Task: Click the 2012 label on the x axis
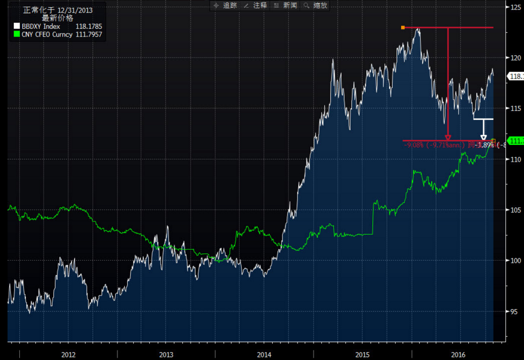68,355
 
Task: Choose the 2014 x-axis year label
264,355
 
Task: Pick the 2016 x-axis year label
459,355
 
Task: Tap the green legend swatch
16,34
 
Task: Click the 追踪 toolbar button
225,5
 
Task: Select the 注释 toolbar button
256,5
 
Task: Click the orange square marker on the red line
403,28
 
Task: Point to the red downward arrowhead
448,137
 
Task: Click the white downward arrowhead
484,138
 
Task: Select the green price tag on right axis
516,140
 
